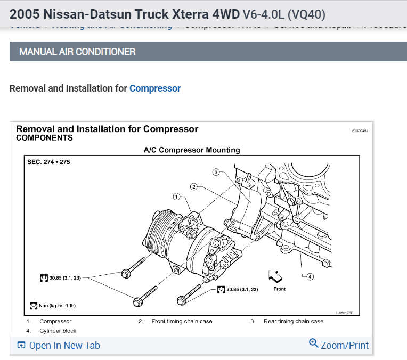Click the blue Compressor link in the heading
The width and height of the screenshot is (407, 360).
(154, 88)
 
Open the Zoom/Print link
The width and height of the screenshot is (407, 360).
(344, 345)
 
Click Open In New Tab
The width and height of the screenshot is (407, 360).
(64, 345)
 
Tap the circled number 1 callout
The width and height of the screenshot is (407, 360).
(176, 197)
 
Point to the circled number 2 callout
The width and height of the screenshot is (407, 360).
(194, 186)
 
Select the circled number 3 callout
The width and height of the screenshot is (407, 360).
(216, 172)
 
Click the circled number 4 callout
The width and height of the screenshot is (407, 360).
(311, 276)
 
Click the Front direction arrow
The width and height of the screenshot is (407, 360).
(275, 276)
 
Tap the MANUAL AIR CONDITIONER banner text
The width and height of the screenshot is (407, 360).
(77, 52)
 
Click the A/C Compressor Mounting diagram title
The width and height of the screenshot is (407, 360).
(192, 150)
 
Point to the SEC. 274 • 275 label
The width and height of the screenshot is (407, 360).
(48, 162)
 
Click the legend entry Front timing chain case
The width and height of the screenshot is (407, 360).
(182, 321)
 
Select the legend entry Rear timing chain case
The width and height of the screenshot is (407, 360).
(293, 321)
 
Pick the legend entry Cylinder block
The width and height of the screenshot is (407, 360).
(58, 331)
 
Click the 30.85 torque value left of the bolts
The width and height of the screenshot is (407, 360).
(65, 278)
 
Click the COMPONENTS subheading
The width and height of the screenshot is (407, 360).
(44, 137)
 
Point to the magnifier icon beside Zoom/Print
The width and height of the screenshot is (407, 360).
(314, 343)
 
